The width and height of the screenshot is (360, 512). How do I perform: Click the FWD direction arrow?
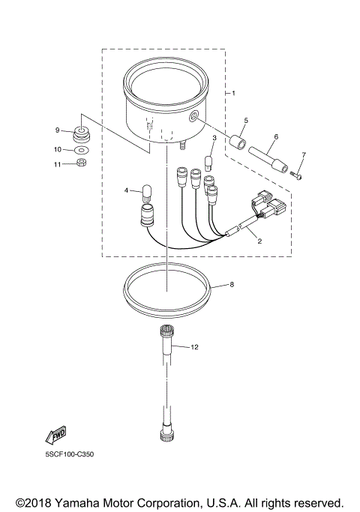(x=56, y=435)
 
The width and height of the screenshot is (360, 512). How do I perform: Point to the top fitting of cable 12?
(x=166, y=333)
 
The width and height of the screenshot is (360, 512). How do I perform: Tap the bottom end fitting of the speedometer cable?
(x=166, y=432)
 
